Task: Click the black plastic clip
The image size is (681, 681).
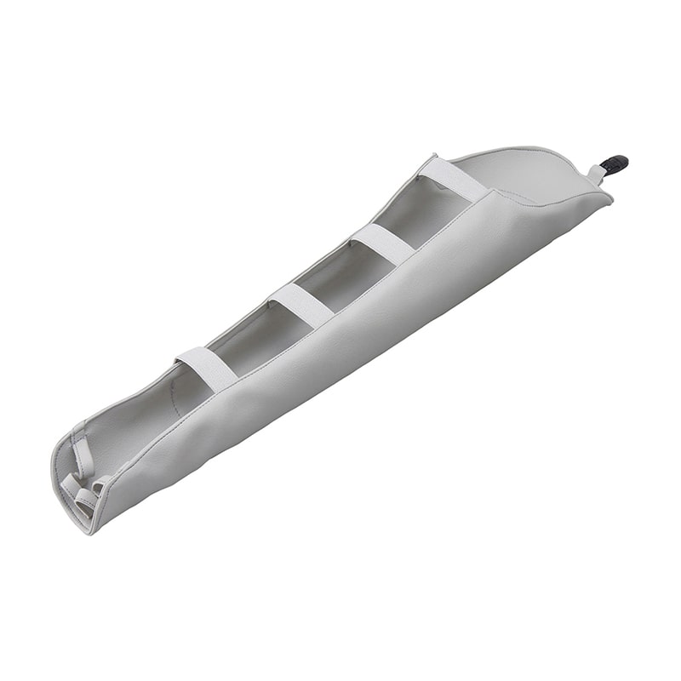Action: [614, 163]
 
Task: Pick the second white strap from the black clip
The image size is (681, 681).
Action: [382, 243]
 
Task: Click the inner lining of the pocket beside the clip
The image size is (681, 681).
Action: [519, 175]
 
